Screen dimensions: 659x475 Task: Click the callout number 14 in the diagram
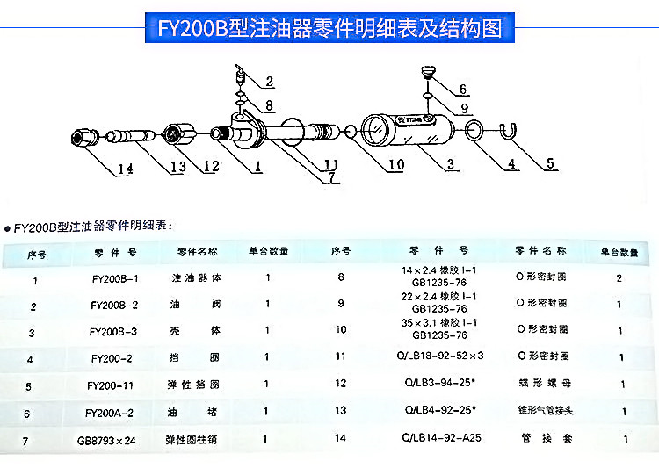124,169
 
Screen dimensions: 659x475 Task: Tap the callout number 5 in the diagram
551,163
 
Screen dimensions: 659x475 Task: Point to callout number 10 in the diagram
395,164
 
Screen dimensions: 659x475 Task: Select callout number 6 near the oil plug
462,89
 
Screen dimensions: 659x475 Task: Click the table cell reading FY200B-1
115,280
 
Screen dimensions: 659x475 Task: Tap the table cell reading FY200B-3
114,332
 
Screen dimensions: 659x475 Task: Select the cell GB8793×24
114,438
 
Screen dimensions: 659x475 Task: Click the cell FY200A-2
114,412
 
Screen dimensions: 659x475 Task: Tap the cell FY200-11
114,385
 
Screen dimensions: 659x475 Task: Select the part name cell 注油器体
194,279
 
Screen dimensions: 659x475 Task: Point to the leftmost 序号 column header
36,253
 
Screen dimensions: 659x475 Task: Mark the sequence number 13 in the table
341,411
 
